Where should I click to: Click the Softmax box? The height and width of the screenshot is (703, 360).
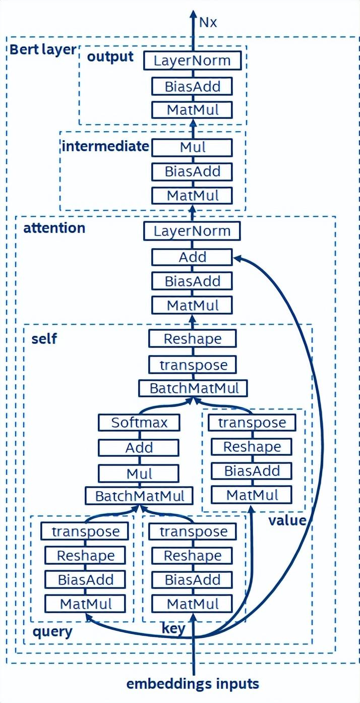pos(139,422)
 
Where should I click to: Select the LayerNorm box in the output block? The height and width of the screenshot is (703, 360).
pos(192,61)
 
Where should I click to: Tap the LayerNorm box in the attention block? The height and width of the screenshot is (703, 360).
pos(192,231)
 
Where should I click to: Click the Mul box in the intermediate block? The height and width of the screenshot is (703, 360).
pos(192,148)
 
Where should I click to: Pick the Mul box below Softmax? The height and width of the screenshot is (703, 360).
pos(139,474)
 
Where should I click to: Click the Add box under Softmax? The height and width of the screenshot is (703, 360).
pos(139,447)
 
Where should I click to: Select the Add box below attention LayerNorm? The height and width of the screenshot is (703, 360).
pos(192,257)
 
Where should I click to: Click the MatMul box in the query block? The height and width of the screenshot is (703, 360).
pos(86,603)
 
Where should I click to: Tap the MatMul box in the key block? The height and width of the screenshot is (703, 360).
pos(192,603)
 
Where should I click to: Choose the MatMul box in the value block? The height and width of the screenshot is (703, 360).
pos(252,495)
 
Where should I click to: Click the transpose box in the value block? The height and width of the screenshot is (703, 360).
pos(252,422)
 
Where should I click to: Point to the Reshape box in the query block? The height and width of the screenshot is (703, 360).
pos(86,555)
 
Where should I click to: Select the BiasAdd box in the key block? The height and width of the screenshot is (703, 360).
pos(192,579)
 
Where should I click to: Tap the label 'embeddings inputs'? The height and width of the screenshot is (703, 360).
pos(193,684)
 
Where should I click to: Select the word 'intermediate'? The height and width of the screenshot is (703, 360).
pos(105,147)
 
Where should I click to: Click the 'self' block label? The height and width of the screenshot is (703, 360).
pos(44,338)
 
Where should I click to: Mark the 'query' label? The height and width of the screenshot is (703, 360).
pos(52,632)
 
